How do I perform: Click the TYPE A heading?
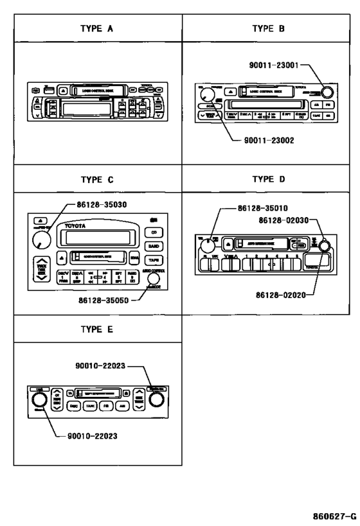coord(97,29)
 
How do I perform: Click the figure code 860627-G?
coord(334,516)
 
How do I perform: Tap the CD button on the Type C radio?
coord(154,233)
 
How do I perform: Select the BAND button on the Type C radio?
coord(154,246)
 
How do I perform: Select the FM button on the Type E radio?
coord(107,407)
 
